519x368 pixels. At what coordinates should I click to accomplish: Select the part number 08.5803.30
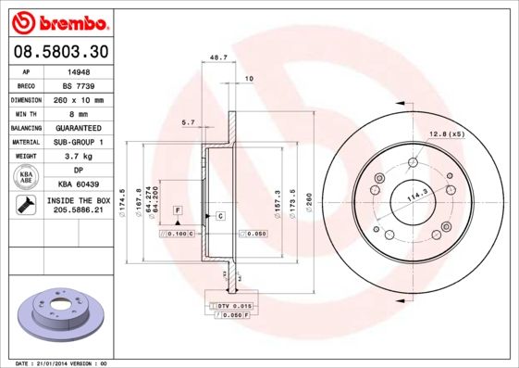click(60, 52)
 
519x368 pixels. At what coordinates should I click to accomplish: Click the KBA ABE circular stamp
click(26, 178)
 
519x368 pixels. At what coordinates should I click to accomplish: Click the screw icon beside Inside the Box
click(26, 206)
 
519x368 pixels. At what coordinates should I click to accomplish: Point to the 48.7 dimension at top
click(218, 57)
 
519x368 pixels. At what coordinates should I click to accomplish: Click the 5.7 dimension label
click(188, 121)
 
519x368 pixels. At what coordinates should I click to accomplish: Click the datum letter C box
click(221, 216)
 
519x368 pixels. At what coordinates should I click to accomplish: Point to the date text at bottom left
click(57, 362)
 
